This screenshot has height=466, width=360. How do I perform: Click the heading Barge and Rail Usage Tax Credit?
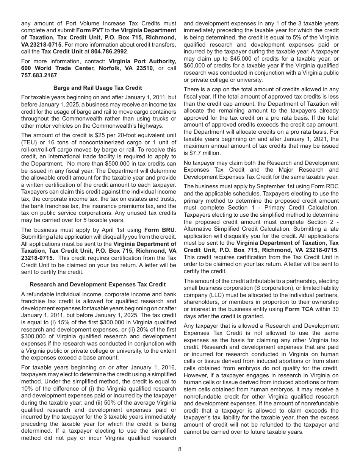pos(98,88)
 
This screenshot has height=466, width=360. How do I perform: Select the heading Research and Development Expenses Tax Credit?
pos(98,284)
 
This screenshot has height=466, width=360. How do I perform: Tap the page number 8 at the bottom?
pos(180,449)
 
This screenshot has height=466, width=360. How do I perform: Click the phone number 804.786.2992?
pos(109,51)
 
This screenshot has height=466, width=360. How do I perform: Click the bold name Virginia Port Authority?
pos(142,61)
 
